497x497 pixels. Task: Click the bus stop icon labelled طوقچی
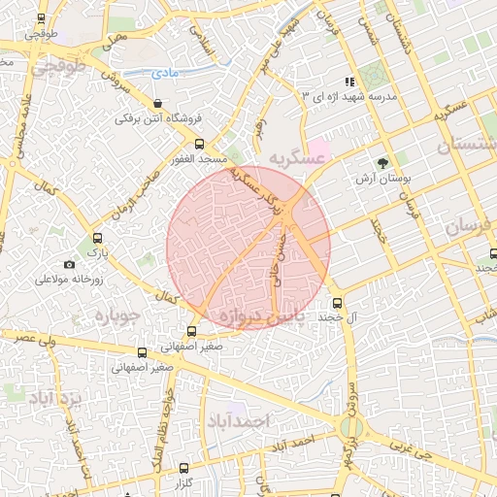coord(41,18)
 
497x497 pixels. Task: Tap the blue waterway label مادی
coord(164,73)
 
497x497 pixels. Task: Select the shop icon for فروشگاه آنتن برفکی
coord(157,103)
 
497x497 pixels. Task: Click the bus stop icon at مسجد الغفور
coord(199,144)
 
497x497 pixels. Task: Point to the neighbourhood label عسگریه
coord(294,156)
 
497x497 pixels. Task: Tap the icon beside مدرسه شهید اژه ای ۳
coord(348,83)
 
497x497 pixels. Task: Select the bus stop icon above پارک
coord(96,238)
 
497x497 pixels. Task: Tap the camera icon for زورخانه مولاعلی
coord(69,264)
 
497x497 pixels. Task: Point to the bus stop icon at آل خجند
coord(337,302)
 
